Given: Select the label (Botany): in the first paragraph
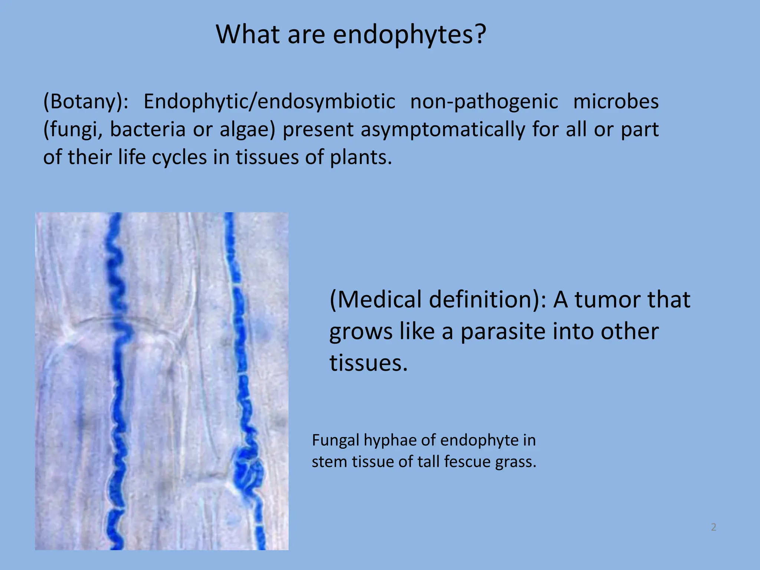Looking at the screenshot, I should (x=86, y=101).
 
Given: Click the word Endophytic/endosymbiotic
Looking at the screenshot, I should (x=269, y=101).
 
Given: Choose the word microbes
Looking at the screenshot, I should (x=616, y=101).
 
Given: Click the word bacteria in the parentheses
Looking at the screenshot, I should (x=148, y=129).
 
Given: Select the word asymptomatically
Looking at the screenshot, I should (x=443, y=130).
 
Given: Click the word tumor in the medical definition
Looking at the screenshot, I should (x=632, y=299).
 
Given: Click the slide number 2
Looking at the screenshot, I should (x=714, y=527).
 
